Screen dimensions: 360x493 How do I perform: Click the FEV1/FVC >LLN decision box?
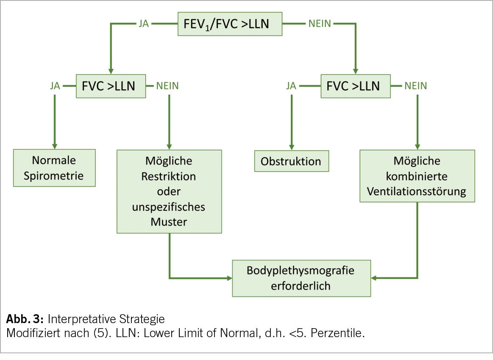pos(230,24)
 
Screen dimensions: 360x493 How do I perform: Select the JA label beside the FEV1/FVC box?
pos(144,24)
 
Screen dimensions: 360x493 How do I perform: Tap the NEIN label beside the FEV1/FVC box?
pos(319,24)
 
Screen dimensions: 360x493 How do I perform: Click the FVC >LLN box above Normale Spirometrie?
pos(111,86)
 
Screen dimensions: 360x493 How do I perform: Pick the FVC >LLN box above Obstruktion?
pos(355,86)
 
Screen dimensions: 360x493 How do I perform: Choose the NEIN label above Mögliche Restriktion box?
pos(168,86)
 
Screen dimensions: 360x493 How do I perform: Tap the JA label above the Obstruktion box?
pos(291,86)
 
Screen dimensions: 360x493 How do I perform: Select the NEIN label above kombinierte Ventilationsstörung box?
pos(416,86)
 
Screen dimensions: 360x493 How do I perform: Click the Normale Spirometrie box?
pos(55,167)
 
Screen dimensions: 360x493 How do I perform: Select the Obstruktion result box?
pos(291,161)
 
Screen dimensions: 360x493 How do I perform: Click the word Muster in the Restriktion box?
pos(169,222)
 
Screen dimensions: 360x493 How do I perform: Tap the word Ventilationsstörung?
pos(417,191)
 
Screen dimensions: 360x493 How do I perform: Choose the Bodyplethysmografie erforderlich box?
pos(301,278)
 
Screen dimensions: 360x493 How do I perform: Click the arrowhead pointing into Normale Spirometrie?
pos(55,145)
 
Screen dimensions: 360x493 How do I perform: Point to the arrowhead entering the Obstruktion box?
pos(291,146)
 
